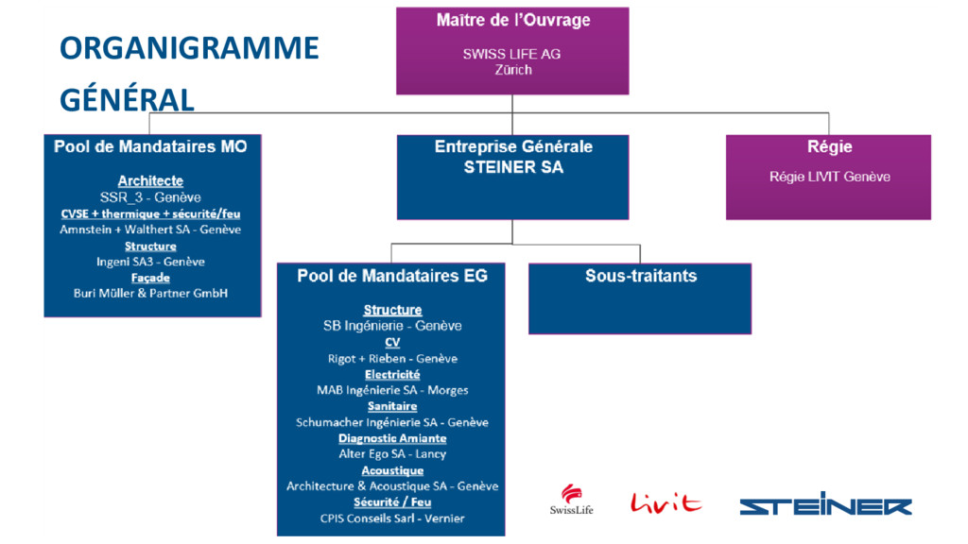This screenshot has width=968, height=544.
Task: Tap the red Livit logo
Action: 665,501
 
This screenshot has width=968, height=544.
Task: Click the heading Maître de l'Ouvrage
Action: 511,21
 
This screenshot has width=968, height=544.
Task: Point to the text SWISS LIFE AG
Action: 511,54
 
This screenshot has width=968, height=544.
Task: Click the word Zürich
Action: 512,69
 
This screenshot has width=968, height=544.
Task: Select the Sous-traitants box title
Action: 640,276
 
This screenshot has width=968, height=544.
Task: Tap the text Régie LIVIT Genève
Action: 829,177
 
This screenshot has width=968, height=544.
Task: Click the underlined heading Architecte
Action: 150,180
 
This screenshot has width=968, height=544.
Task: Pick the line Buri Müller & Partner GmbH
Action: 151,293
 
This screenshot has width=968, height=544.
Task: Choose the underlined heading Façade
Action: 150,278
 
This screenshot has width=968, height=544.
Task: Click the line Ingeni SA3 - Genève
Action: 150,261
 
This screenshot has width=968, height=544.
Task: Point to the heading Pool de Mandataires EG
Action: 392,276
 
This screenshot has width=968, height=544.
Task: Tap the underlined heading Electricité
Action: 392,374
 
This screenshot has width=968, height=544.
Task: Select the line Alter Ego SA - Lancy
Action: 392,454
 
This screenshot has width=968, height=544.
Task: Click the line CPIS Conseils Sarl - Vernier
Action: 392,518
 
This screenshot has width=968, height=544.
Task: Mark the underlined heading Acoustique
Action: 392,470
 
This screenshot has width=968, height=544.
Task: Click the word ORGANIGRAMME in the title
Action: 189,48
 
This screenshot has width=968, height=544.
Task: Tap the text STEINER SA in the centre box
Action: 512,167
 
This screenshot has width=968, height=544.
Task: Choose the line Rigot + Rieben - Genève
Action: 392,358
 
